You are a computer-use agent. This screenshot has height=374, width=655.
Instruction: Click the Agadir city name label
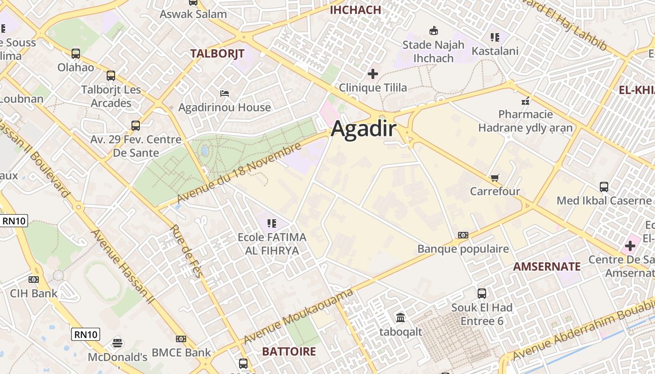point(364,129)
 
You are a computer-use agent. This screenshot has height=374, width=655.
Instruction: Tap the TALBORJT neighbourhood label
point(217,54)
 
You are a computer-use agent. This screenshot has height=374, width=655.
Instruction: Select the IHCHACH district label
point(355,10)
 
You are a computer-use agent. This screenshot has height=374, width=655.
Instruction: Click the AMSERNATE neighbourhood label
point(546,267)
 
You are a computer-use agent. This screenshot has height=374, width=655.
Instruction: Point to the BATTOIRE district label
point(289,352)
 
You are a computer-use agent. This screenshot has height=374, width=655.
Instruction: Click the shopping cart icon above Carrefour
point(495,178)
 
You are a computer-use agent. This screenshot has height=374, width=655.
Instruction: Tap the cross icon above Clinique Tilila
point(372,74)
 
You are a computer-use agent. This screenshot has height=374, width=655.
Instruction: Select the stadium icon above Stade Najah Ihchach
point(434,31)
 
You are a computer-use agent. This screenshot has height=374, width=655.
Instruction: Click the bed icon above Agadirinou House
point(225,93)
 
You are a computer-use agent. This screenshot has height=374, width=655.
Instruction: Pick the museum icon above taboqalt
point(400,318)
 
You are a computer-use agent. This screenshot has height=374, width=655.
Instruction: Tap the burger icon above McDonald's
point(117,343)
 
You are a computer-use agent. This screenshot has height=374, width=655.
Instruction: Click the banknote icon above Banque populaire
point(463,235)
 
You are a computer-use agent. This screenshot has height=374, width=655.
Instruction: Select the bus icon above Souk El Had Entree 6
point(481,294)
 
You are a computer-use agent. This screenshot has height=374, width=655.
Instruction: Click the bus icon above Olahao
point(75,53)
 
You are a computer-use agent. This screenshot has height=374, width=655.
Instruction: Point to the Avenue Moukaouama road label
point(298,316)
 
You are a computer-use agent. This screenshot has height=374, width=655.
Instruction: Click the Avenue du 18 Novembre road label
point(239,173)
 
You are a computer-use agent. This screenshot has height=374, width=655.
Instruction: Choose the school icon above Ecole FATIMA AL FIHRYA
point(271,223)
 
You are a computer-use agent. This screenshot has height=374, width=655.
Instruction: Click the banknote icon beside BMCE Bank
point(181,339)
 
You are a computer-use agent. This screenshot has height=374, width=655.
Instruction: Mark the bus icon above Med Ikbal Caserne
point(604,187)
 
